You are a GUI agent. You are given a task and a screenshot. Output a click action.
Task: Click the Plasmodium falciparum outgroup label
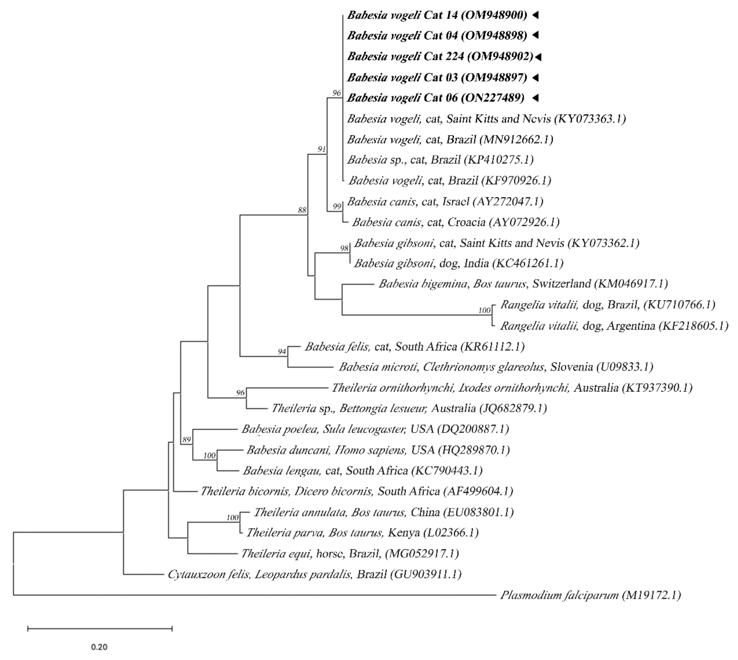tap(590, 595)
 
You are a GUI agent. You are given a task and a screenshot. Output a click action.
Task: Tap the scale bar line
tap(100, 629)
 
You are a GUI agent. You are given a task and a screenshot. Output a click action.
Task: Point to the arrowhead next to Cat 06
tap(536, 97)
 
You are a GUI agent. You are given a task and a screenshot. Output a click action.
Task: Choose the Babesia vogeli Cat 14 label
tap(437, 15)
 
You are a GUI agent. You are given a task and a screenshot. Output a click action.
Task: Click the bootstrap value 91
tap(322, 149)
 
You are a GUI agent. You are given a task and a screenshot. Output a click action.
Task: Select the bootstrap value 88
tap(302, 210)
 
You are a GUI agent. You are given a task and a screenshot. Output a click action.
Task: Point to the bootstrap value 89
tap(187, 440)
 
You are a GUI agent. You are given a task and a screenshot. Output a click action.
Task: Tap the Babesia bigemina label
tap(523, 284)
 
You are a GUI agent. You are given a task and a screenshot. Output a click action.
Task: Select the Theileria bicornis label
tap(357, 491)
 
